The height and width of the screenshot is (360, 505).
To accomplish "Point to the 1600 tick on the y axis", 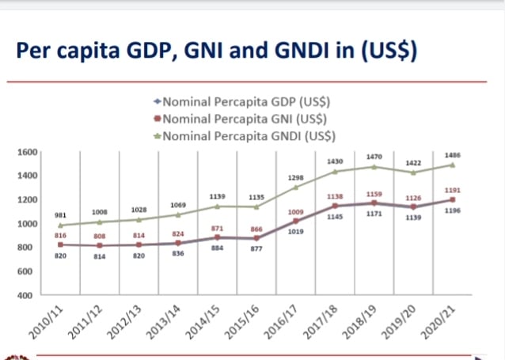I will [x=28, y=152].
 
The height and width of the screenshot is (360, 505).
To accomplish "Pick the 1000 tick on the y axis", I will [x=28, y=224].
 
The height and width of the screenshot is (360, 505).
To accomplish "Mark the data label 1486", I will [x=453, y=156].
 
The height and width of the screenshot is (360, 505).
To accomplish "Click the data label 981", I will [x=60, y=215].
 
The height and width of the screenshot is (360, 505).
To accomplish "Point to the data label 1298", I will [x=296, y=178].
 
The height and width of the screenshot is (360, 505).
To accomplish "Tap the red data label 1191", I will [x=453, y=191].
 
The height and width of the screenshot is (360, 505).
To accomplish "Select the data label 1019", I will [x=296, y=231].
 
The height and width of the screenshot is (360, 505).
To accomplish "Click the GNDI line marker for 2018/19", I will [x=374, y=167].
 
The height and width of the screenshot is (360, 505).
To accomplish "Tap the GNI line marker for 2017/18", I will [x=335, y=206].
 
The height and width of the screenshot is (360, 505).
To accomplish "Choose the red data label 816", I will [x=60, y=236].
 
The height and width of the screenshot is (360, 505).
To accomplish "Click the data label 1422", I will [x=413, y=162].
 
